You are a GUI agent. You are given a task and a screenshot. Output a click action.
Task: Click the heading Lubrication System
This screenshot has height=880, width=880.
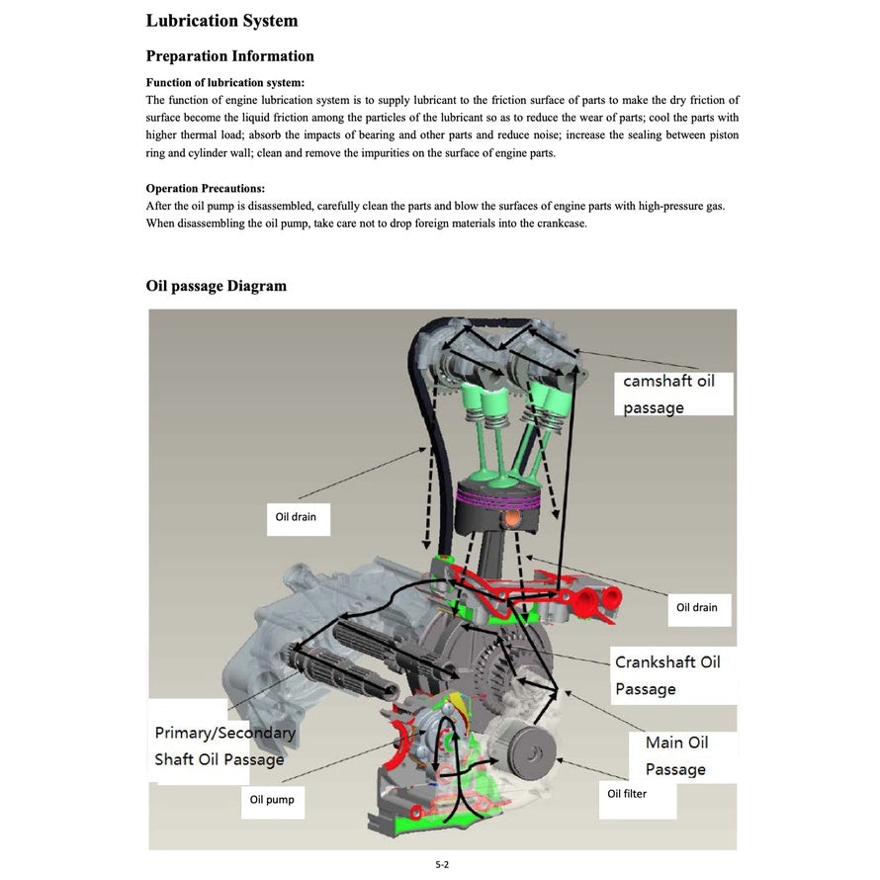tap(221, 21)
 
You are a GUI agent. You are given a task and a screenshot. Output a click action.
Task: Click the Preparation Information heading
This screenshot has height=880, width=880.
tap(229, 56)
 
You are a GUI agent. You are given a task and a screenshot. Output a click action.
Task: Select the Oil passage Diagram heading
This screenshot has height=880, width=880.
tap(216, 287)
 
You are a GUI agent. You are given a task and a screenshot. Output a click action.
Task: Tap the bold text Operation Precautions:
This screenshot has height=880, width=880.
tap(205, 188)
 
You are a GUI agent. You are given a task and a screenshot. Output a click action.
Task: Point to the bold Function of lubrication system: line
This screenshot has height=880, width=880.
tap(224, 83)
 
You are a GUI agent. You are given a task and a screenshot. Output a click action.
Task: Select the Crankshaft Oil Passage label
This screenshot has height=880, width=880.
tap(666, 675)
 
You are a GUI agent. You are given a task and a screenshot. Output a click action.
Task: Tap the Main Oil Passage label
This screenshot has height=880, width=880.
tap(675, 755)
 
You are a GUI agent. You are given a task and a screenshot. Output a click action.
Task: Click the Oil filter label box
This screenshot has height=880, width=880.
tap(627, 793)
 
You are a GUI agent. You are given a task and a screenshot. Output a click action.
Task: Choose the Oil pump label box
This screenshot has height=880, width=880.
tap(271, 799)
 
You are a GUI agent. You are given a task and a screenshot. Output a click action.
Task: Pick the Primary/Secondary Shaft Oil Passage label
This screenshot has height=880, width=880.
tap(224, 747)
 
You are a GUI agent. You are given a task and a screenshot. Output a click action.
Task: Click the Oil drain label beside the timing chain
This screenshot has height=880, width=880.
tap(296, 517)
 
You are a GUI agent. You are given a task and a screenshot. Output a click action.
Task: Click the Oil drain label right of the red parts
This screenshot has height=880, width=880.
tap(696, 607)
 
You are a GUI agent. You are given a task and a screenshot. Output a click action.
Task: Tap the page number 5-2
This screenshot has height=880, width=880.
tap(442, 864)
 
